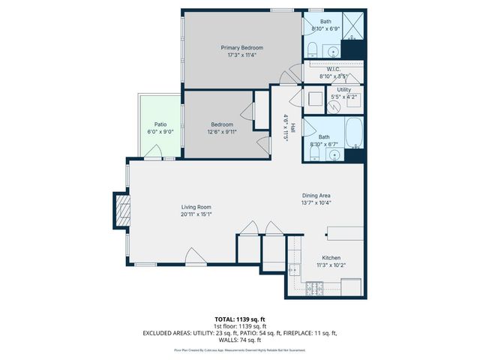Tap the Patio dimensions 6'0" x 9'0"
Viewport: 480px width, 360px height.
160,132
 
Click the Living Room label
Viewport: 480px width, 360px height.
196,207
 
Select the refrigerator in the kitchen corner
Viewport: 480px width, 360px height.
351,286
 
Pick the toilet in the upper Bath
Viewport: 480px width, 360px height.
311,49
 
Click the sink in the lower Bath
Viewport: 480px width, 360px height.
334,155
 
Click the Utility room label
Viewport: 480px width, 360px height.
343,89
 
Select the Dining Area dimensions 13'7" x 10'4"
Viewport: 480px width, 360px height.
316,202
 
